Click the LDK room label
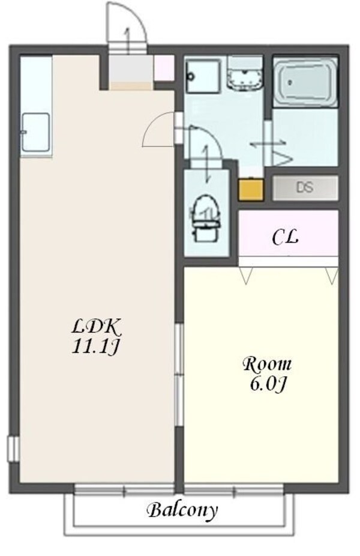click(97, 327)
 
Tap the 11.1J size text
click(97, 346)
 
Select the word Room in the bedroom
click(266, 363)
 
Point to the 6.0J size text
click(266, 383)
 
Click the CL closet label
click(286, 238)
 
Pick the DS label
click(304, 187)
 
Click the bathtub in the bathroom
click(305, 83)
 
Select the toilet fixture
click(205, 217)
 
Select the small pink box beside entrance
click(163, 68)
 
